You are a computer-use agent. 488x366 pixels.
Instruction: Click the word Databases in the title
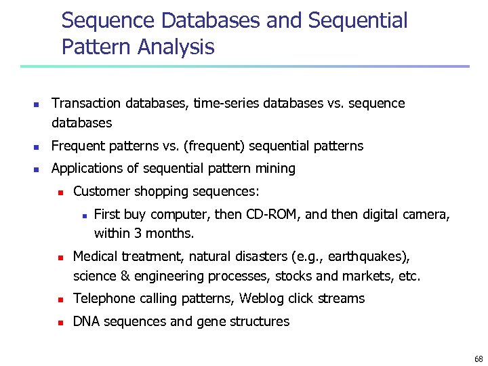point(211,21)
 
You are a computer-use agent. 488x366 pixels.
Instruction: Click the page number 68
point(479,359)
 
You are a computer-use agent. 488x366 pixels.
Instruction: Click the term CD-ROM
point(270,214)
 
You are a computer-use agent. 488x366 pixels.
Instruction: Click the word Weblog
point(262,299)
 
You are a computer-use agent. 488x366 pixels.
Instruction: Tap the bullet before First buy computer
point(82,215)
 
